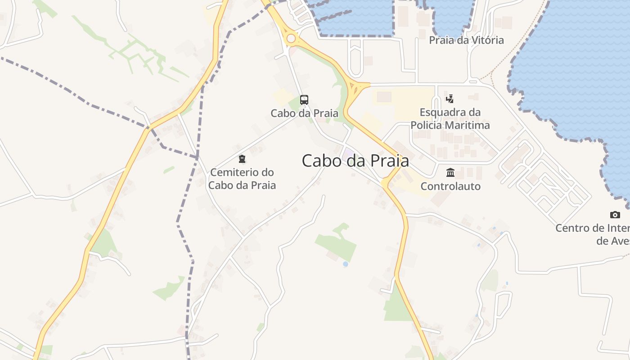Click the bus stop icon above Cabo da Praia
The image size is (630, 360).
click(304, 99)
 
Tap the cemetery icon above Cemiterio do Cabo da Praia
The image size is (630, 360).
click(242, 159)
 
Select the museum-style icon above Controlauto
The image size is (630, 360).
click(450, 172)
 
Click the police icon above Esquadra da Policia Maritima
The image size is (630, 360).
click(450, 99)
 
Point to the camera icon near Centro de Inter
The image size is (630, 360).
click(615, 215)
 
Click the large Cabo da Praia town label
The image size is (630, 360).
click(355, 161)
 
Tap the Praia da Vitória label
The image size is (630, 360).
click(466, 40)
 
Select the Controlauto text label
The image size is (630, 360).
click(450, 186)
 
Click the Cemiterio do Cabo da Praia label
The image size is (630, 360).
click(242, 179)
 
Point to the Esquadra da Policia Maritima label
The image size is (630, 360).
click(450, 119)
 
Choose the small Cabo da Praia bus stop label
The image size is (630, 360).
click(304, 113)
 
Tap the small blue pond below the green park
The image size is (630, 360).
click(345, 264)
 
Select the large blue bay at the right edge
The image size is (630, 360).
click(580, 67)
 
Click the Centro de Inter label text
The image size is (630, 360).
click(592, 228)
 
